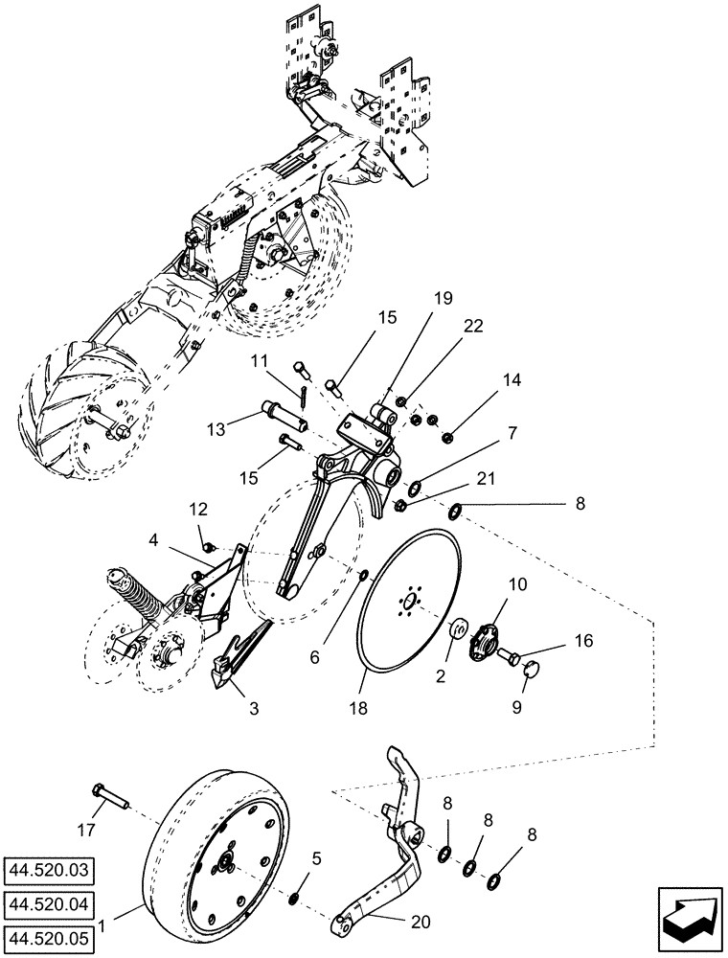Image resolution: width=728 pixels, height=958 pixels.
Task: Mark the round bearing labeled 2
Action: [458, 630]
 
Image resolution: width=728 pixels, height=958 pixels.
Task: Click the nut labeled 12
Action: [204, 544]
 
